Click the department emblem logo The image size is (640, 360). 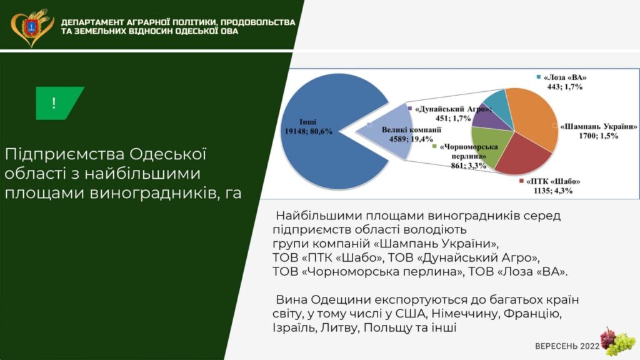[x=32, y=27]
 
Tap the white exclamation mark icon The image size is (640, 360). [x=54, y=103]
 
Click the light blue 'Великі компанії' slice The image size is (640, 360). [x=387, y=131]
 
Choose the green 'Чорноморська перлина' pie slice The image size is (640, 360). [x=490, y=145]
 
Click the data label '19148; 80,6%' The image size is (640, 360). [x=309, y=131]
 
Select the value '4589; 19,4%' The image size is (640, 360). [x=411, y=139]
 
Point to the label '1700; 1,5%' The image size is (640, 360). [x=598, y=136]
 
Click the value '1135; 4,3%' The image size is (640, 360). [x=553, y=191]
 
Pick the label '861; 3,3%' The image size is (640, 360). [x=469, y=165]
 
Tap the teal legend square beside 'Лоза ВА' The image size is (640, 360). [x=539, y=77]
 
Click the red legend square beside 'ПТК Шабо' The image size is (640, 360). [x=521, y=181]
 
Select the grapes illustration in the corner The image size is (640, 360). [x=617, y=342]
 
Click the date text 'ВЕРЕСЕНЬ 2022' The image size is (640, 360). [x=567, y=346]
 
